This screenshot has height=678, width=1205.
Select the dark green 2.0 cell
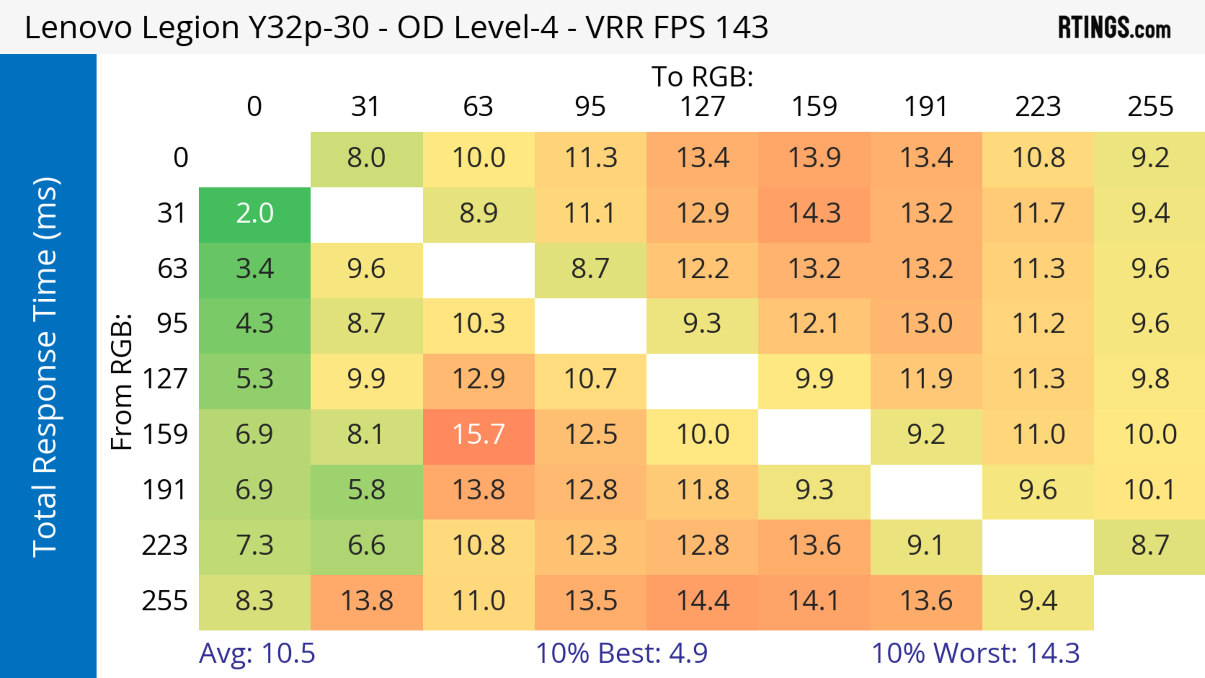(x=254, y=214)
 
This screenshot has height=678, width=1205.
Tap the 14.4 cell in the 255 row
(x=703, y=601)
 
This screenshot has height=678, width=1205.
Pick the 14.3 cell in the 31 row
(x=814, y=214)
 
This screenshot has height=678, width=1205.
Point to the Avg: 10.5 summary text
(x=257, y=653)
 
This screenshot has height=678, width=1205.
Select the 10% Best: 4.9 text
(x=621, y=653)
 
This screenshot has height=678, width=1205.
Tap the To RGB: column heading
(x=702, y=76)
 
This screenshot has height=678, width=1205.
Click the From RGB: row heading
(x=122, y=382)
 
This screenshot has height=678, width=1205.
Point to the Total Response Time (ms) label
(x=46, y=367)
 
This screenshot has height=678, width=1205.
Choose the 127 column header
(x=702, y=107)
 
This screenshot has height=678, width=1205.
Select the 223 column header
(x=1038, y=107)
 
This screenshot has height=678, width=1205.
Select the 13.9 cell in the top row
(x=814, y=157)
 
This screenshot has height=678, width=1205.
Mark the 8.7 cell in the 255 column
(x=1150, y=545)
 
